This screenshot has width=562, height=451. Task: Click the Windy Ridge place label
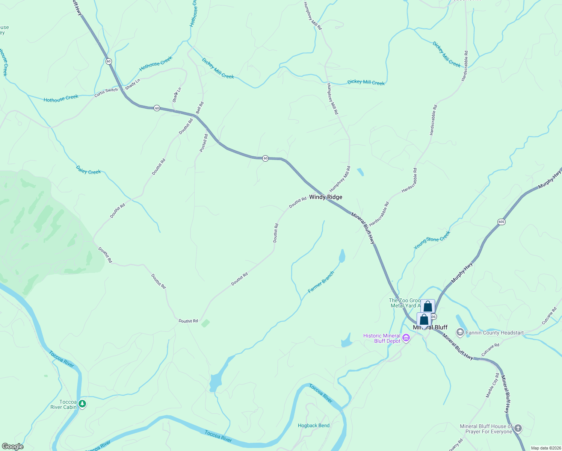[x=325, y=197]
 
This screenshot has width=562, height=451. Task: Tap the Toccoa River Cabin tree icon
[x=82, y=404]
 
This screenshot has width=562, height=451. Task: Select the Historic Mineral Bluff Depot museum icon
[x=406, y=338]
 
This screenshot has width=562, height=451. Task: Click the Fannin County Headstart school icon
[x=460, y=332]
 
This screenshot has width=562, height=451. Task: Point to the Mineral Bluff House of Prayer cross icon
[x=518, y=428]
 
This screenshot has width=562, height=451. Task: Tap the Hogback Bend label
[x=313, y=425]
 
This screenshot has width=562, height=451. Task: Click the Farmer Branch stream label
[x=321, y=282]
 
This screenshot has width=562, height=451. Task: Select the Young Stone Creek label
[x=432, y=240]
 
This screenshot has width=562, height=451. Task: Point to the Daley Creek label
[x=88, y=170]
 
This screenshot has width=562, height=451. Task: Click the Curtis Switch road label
[x=106, y=92]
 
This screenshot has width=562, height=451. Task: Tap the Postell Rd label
[x=204, y=143]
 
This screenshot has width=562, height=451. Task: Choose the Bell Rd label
[x=199, y=108]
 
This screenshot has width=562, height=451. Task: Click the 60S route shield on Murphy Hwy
[x=501, y=222]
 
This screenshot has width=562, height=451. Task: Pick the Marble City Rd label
[x=493, y=385]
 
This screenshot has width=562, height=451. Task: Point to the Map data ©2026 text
[x=545, y=448]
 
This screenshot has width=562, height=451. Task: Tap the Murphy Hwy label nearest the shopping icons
[x=462, y=273]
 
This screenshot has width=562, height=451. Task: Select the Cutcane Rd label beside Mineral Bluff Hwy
[x=490, y=350]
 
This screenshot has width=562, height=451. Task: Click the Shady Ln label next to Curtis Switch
[x=133, y=84]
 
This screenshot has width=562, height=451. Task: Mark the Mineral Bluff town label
[x=430, y=327]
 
